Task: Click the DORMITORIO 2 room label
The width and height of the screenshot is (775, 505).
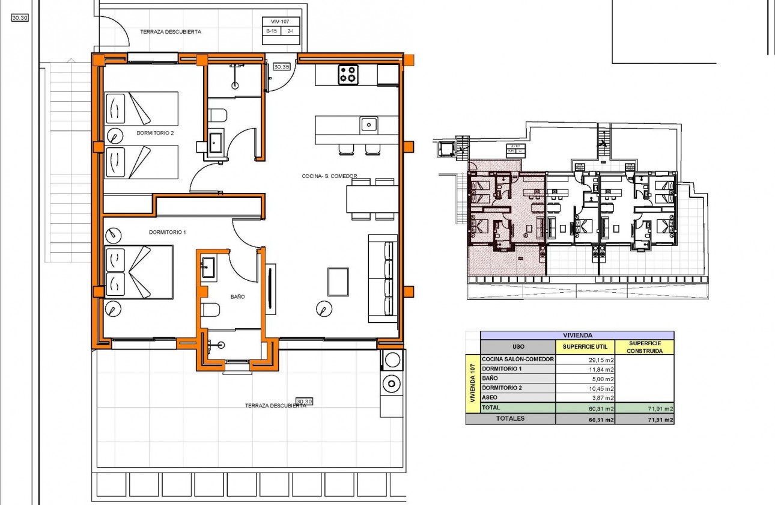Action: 155,133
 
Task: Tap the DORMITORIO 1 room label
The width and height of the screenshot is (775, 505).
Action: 168,232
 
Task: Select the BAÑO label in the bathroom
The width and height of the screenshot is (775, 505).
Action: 238,296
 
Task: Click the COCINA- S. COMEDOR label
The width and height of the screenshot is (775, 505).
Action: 329,176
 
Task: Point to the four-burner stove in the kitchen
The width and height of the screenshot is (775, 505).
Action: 348,75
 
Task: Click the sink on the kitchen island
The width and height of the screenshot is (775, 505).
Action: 369,124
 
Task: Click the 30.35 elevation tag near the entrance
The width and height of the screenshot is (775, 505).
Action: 281,67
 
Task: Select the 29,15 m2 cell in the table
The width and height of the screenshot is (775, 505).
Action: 601,360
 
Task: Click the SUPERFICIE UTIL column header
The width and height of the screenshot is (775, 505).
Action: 585,347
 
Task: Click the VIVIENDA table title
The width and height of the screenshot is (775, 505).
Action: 577,335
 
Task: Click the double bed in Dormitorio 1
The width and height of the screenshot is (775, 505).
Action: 139,271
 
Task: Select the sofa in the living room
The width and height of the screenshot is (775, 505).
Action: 383,279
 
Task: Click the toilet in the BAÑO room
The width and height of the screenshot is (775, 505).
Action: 211,310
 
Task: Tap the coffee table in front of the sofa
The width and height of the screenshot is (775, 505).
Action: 338,282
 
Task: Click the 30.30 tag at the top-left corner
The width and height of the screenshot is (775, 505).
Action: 20,18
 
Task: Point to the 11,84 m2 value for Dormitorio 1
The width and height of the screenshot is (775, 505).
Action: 601,369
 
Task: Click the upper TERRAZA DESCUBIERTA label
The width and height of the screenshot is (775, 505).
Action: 170,32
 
